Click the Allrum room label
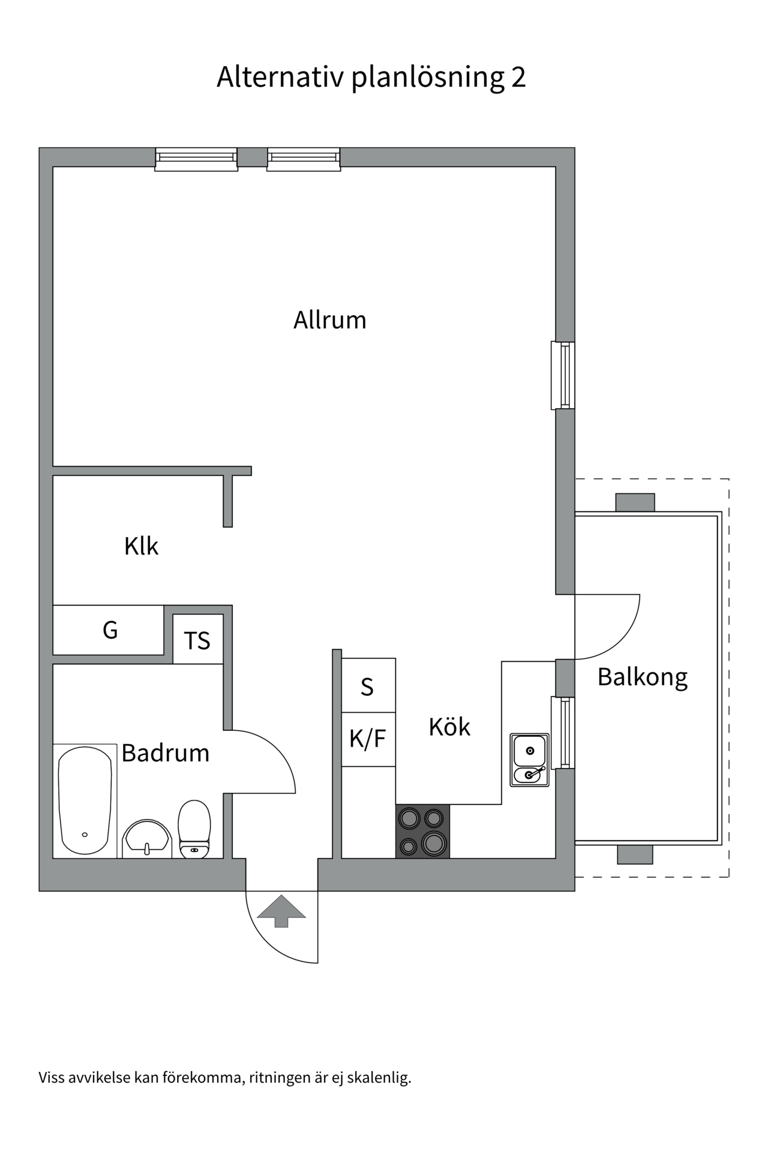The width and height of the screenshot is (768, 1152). [x=329, y=320]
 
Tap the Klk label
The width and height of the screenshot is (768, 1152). [x=141, y=547]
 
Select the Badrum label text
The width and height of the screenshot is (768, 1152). [x=166, y=753]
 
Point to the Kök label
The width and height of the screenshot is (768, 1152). [x=449, y=727]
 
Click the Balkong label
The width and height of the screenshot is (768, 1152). [x=643, y=677]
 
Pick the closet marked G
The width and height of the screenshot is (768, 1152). [x=110, y=630]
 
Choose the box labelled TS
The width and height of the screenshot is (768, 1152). [x=197, y=640]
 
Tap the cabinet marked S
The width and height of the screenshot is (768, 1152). [x=367, y=686]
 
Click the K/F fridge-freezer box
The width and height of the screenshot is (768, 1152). [x=367, y=739]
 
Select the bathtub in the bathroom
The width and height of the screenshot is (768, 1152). [x=85, y=800]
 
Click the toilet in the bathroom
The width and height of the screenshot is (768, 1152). [x=194, y=829]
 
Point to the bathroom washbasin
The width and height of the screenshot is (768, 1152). [x=147, y=839]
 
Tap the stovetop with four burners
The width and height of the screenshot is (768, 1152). [x=422, y=831]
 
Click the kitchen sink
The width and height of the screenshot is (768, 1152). [x=529, y=760]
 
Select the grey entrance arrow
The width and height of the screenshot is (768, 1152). [x=281, y=910]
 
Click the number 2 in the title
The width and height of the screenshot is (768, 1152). [x=518, y=77]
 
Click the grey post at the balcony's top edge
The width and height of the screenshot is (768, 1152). [x=635, y=502]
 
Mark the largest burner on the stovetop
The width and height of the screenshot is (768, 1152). [x=434, y=843]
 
